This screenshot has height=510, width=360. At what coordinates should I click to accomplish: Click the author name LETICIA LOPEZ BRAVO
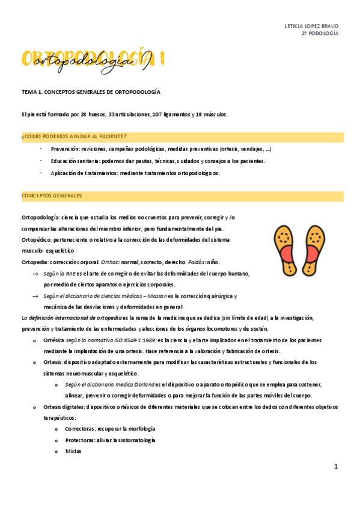click(311, 26)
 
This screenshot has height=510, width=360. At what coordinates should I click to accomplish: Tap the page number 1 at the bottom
click(337, 466)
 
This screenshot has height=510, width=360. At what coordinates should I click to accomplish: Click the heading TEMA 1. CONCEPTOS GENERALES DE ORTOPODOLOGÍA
click(91, 92)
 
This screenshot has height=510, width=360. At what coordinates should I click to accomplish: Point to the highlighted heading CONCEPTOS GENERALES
click(52, 196)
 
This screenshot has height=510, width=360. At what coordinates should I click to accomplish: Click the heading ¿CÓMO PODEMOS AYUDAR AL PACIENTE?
click(74, 137)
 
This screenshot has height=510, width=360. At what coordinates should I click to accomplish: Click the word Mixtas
click(73, 451)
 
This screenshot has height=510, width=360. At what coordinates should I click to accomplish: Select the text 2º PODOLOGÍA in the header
click(320, 34)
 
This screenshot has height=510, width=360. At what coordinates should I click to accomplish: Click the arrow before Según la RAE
click(36, 274)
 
